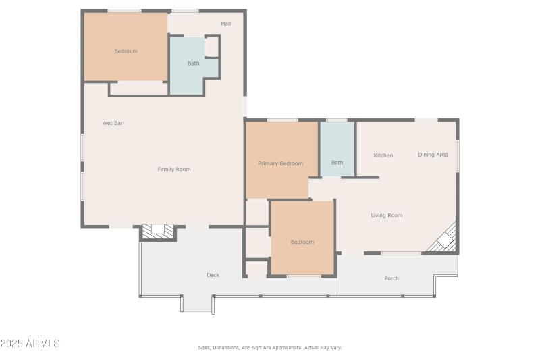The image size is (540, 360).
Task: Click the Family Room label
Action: pos(174,169)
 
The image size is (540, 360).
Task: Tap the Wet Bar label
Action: pos(113,123)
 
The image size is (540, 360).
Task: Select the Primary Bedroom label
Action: pos(281,163)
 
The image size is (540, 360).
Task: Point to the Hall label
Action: pos(226,24)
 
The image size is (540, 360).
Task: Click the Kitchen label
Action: pos(383,155)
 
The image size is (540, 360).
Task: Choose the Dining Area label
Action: pos(433,155)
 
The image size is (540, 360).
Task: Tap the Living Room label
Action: pos(386,215)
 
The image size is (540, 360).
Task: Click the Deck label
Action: pos(213,275)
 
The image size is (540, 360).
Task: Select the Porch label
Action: pos(391,278)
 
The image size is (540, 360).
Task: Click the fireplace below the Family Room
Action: pos(158,231)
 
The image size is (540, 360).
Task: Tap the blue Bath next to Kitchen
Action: pos(337,149)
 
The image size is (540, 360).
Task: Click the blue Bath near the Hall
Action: pos(193,66)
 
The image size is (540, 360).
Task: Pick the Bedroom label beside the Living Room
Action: pos(302,242)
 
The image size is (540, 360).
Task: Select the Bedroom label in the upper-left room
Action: pos(126,51)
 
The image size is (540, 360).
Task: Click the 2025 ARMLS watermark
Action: pos(30,344)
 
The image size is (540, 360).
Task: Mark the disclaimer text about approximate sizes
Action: pos(270,348)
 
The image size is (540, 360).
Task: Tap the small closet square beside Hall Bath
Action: pos(212,47)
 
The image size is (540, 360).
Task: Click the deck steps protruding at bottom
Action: pos(197,305)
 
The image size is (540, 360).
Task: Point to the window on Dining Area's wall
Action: pos(458,156)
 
